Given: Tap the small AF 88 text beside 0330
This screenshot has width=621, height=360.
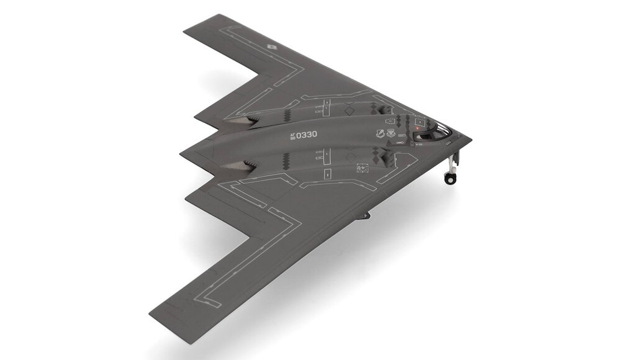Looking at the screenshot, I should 292,135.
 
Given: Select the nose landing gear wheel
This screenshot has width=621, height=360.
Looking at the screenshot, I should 449,178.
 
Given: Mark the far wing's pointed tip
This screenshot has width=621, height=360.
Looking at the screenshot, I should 186,26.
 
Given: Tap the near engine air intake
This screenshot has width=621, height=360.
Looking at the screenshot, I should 390,161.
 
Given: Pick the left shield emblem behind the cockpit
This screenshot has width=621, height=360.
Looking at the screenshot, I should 379,133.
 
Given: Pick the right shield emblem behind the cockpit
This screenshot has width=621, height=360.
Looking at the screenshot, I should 391,133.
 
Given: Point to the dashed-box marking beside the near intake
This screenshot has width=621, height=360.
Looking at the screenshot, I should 362,168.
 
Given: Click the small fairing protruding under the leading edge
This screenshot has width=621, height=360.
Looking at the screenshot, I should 365,215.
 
